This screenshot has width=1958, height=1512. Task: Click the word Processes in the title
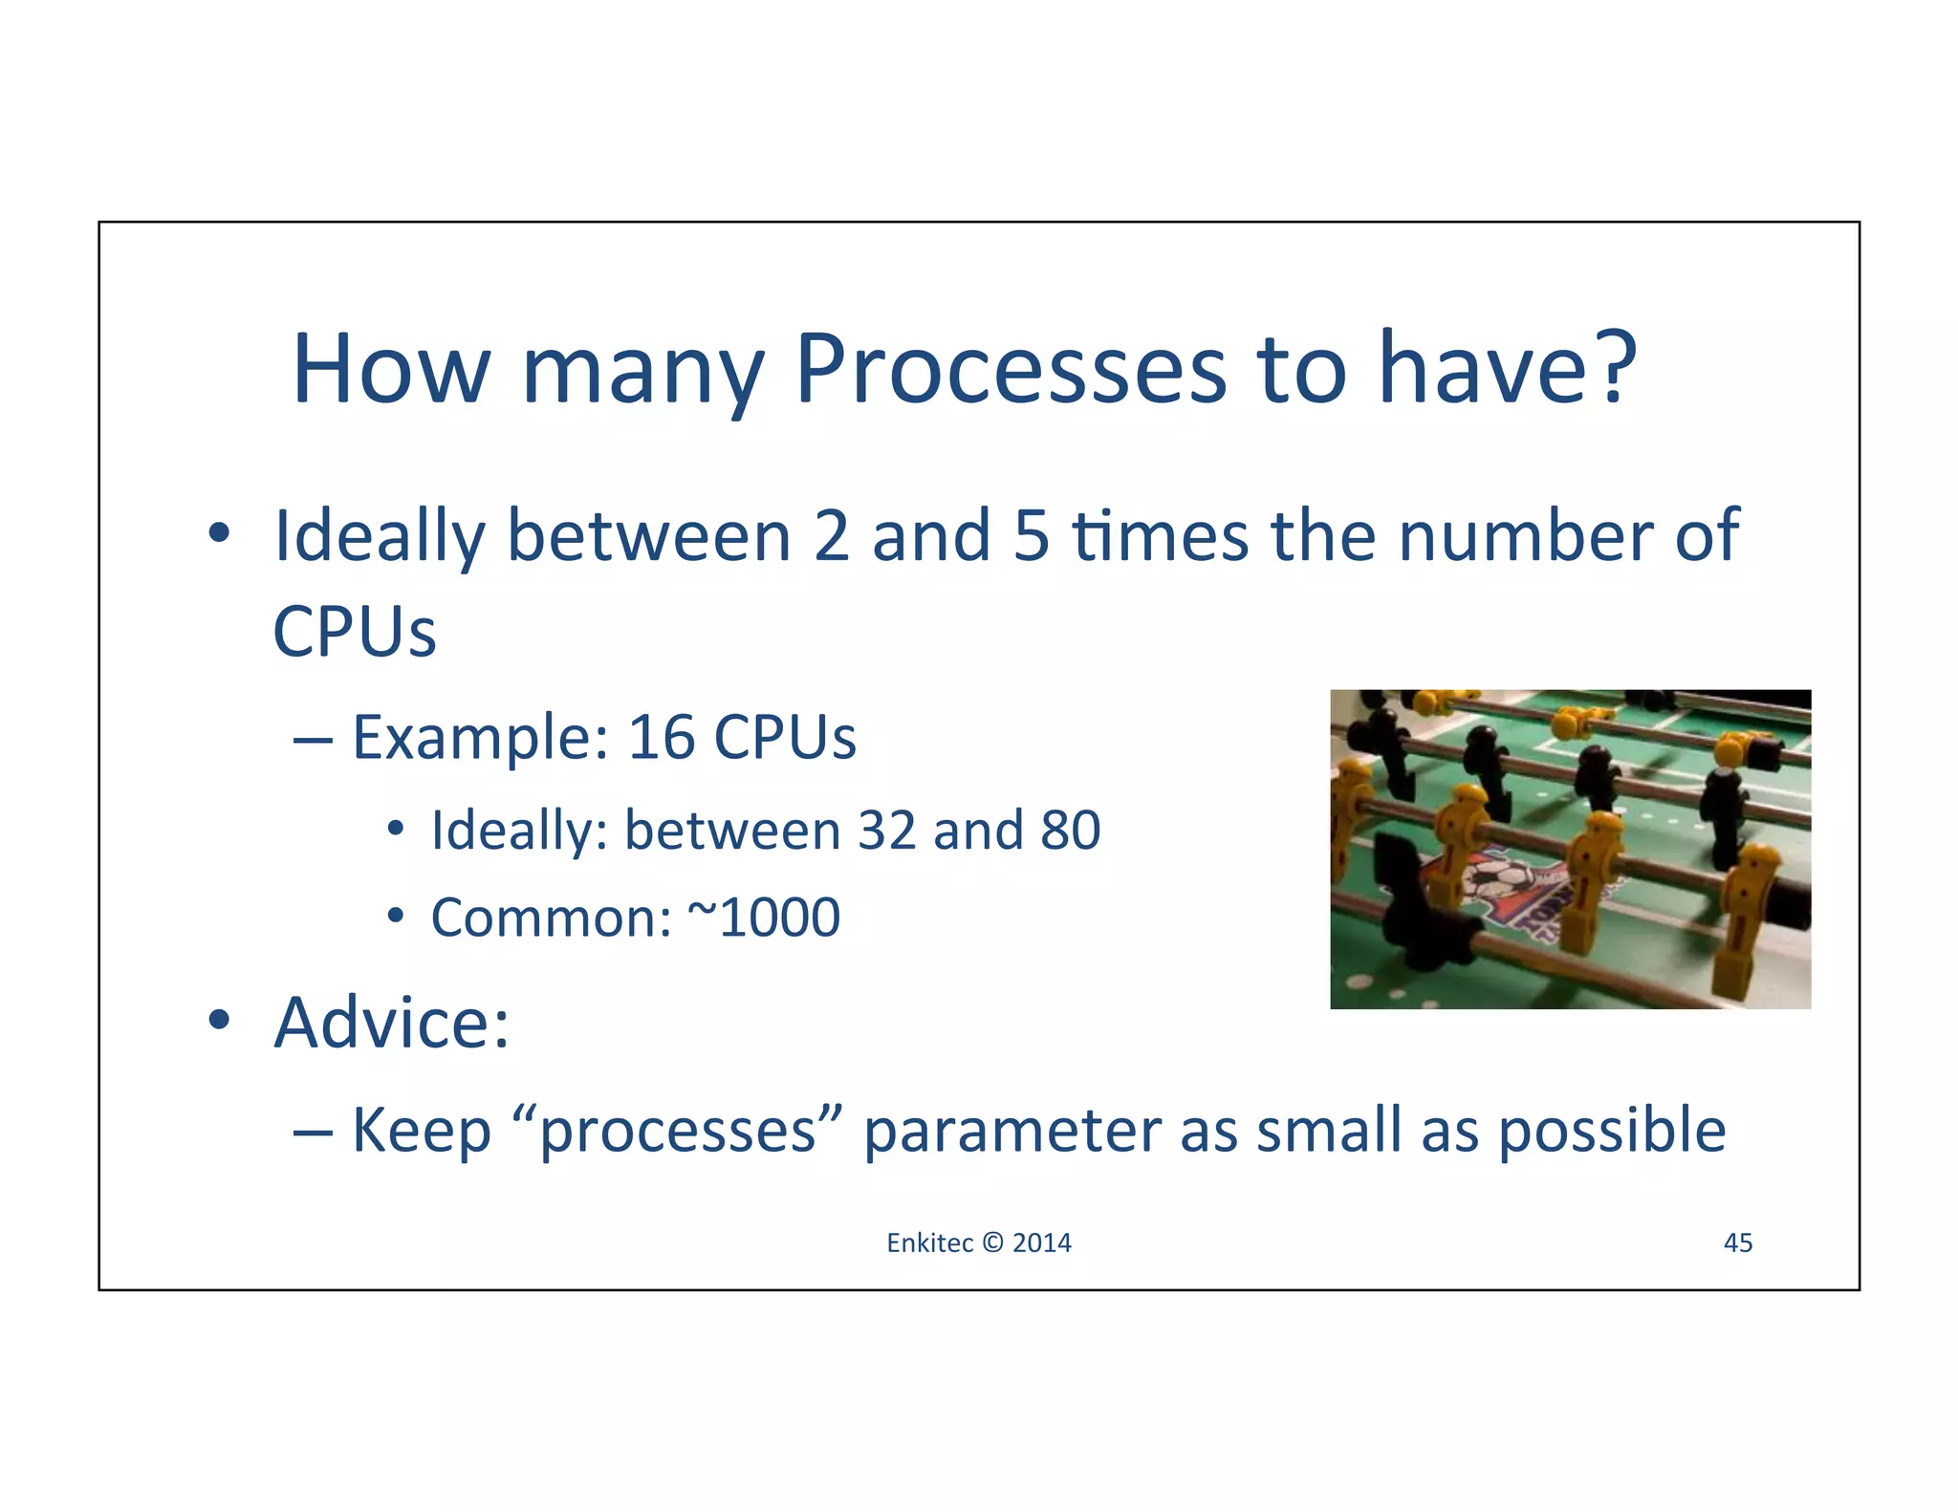(1010, 371)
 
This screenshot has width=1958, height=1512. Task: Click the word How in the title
(390, 371)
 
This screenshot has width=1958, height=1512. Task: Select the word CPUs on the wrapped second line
(354, 632)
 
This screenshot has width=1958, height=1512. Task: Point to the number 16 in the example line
(661, 738)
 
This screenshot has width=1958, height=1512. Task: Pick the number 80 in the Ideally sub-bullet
(1070, 830)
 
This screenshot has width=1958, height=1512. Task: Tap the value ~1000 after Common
(764, 918)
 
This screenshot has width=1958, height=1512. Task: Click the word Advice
(391, 1023)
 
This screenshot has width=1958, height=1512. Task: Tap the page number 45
(1737, 1242)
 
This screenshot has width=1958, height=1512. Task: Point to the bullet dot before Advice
(219, 1020)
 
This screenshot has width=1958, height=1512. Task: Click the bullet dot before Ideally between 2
(219, 532)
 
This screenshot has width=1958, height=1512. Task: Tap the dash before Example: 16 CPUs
(313, 739)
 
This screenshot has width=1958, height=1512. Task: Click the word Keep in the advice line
(422, 1131)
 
